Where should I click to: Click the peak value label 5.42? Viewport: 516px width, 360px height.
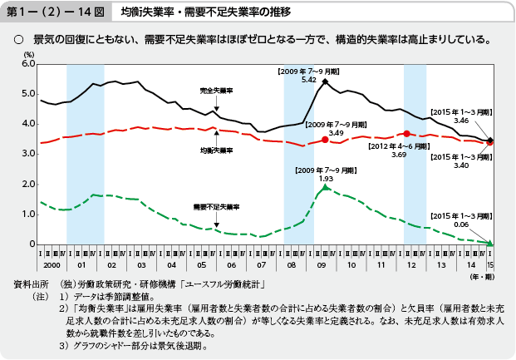[308, 80]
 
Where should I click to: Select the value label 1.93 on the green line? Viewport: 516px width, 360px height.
[326, 178]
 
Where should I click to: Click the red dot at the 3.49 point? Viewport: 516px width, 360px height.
[325, 140]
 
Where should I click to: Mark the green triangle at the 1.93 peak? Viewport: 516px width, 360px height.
[326, 188]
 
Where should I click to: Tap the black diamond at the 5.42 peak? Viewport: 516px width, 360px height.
[325, 81]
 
